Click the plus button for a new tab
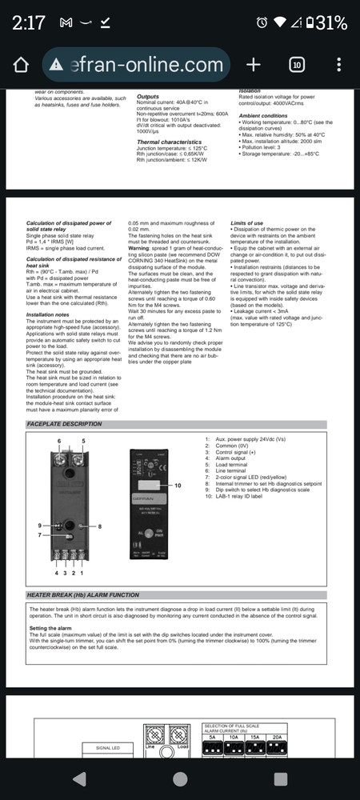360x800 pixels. point(253,65)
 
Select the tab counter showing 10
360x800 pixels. point(295,65)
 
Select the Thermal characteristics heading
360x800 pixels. point(170,141)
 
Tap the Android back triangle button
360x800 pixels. point(78,778)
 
